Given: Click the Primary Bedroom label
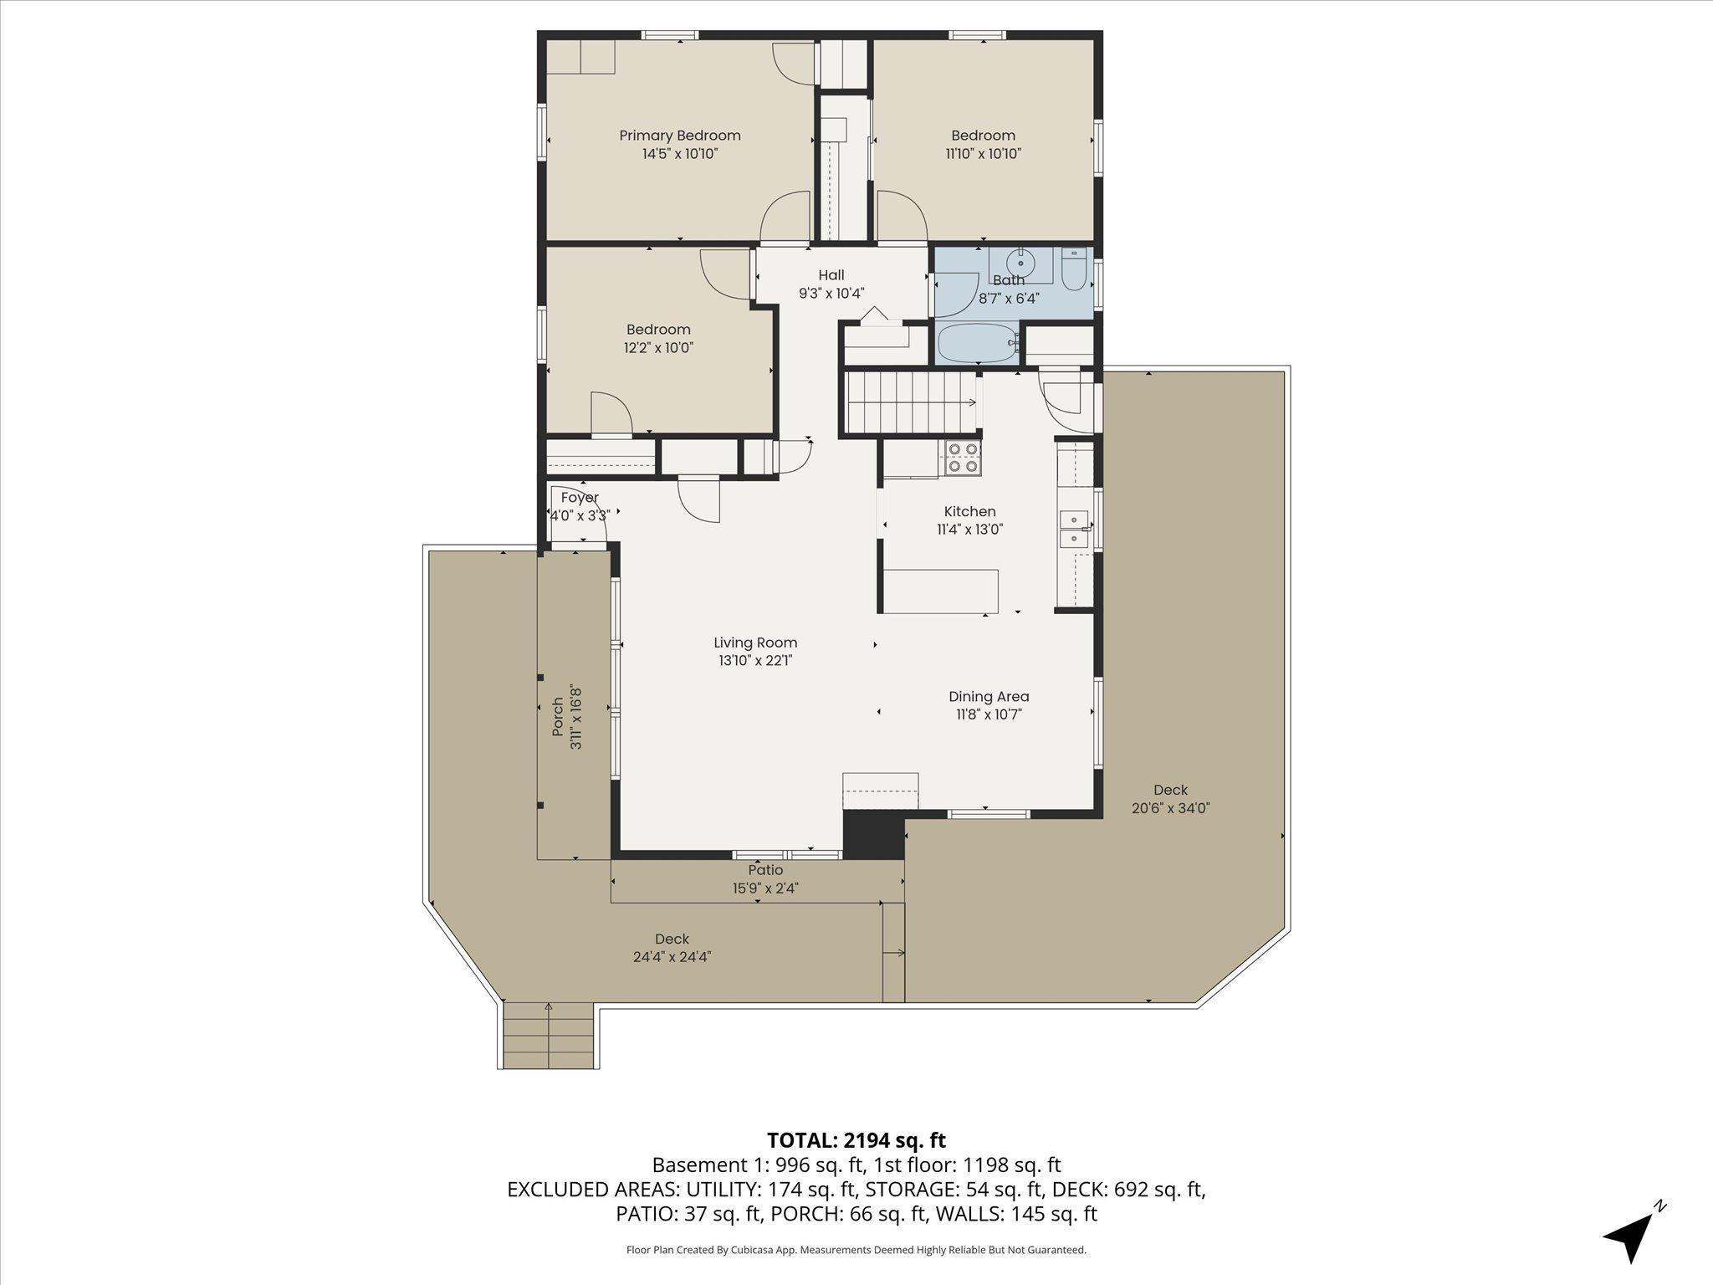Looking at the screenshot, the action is click(680, 136).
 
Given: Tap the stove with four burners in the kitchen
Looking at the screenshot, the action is click(963, 458).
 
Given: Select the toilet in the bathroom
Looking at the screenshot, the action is click(1073, 269).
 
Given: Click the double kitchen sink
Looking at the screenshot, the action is click(1074, 529).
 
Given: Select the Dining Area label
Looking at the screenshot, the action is click(989, 696).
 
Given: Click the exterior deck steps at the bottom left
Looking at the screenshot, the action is click(550, 1036).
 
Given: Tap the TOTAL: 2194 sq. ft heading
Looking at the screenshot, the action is click(856, 1140).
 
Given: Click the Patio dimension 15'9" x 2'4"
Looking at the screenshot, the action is click(765, 888).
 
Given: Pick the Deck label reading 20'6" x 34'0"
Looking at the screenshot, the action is click(1171, 808).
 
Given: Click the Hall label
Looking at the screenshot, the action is click(831, 275).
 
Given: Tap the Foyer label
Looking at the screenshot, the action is click(580, 498).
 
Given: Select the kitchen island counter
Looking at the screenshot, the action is click(941, 591).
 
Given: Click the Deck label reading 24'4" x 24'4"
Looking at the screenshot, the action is click(672, 957).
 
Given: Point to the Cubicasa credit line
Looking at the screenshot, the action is click(856, 1250).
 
